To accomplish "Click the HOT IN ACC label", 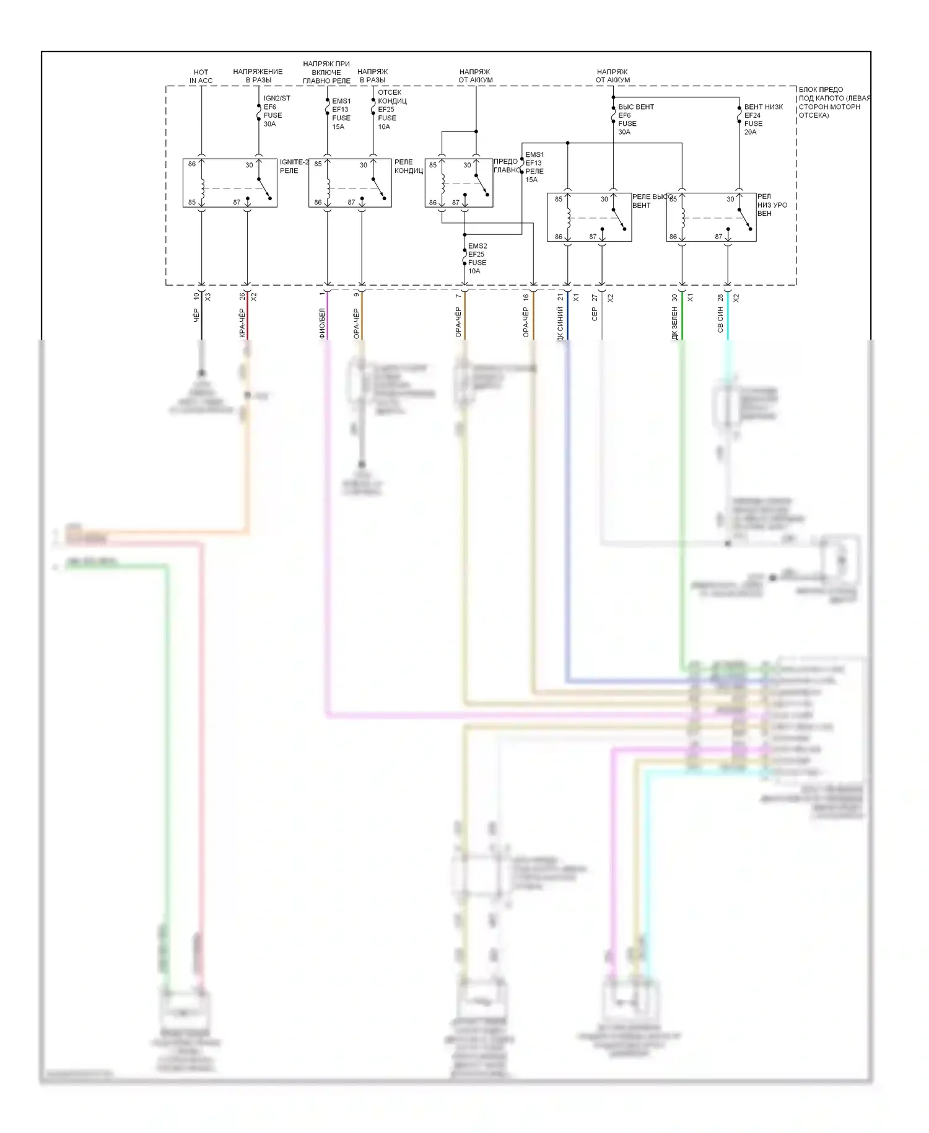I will [x=201, y=76].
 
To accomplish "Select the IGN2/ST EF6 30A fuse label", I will [x=276, y=111].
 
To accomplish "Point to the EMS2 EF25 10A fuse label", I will [x=477, y=258].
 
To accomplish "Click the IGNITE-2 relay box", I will [x=230, y=183].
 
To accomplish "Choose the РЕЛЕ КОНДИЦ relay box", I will [x=350, y=183].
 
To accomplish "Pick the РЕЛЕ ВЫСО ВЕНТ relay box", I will [x=589, y=218].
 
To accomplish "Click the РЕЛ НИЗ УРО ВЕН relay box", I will [x=710, y=218].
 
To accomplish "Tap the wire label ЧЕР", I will [x=196, y=315].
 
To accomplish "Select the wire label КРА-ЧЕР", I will [x=242, y=324].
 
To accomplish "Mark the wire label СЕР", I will [x=595, y=314].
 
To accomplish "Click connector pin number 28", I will [x=720, y=298].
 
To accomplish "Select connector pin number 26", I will [x=242, y=297].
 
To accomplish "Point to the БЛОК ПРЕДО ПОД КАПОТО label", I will [x=834, y=102].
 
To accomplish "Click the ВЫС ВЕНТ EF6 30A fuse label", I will [x=635, y=119].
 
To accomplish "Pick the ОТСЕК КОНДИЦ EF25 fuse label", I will [x=391, y=109].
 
